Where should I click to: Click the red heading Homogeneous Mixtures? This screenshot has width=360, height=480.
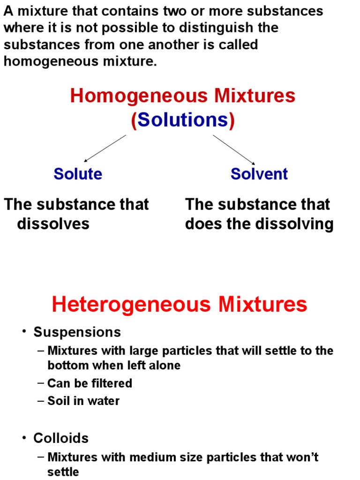(x=183, y=96)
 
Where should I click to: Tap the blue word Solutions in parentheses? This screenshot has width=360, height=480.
(x=183, y=120)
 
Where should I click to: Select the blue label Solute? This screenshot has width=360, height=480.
(x=78, y=174)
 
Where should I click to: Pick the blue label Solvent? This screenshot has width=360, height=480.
(x=259, y=174)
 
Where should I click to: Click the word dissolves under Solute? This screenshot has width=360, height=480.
(x=53, y=224)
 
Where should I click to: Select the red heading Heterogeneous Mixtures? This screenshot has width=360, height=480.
(x=180, y=304)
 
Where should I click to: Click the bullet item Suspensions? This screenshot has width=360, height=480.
(x=77, y=332)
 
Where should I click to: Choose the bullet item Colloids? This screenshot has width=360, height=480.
(x=61, y=438)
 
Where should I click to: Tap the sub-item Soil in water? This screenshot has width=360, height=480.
(x=83, y=401)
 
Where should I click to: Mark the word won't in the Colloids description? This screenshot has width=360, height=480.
(x=300, y=457)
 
